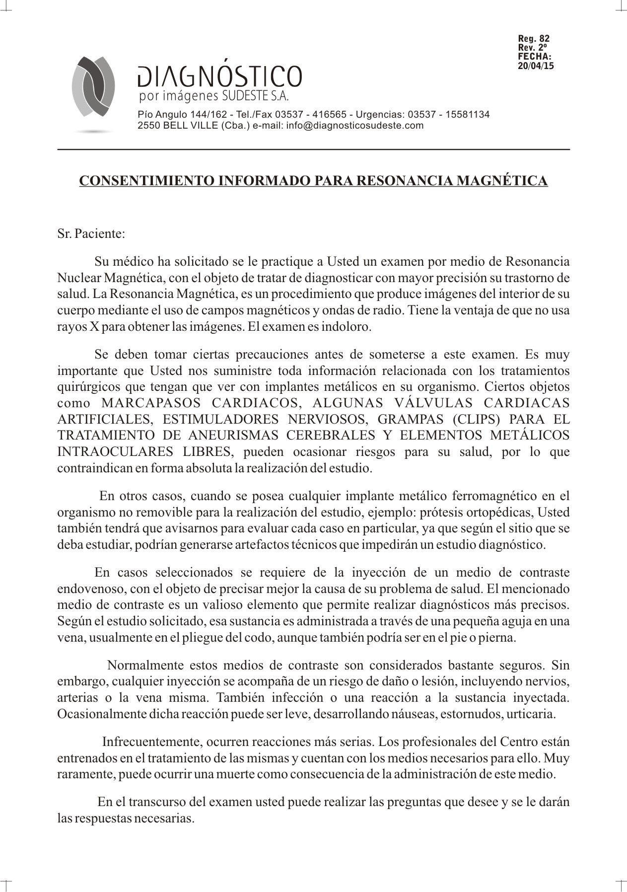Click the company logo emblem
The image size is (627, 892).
click(x=93, y=87)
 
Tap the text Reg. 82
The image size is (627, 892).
click(x=534, y=39)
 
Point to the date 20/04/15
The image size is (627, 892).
click(x=536, y=66)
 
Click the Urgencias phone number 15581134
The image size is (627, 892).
click(x=467, y=115)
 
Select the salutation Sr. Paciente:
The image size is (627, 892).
click(x=90, y=234)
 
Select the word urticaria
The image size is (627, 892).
click(x=531, y=714)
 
